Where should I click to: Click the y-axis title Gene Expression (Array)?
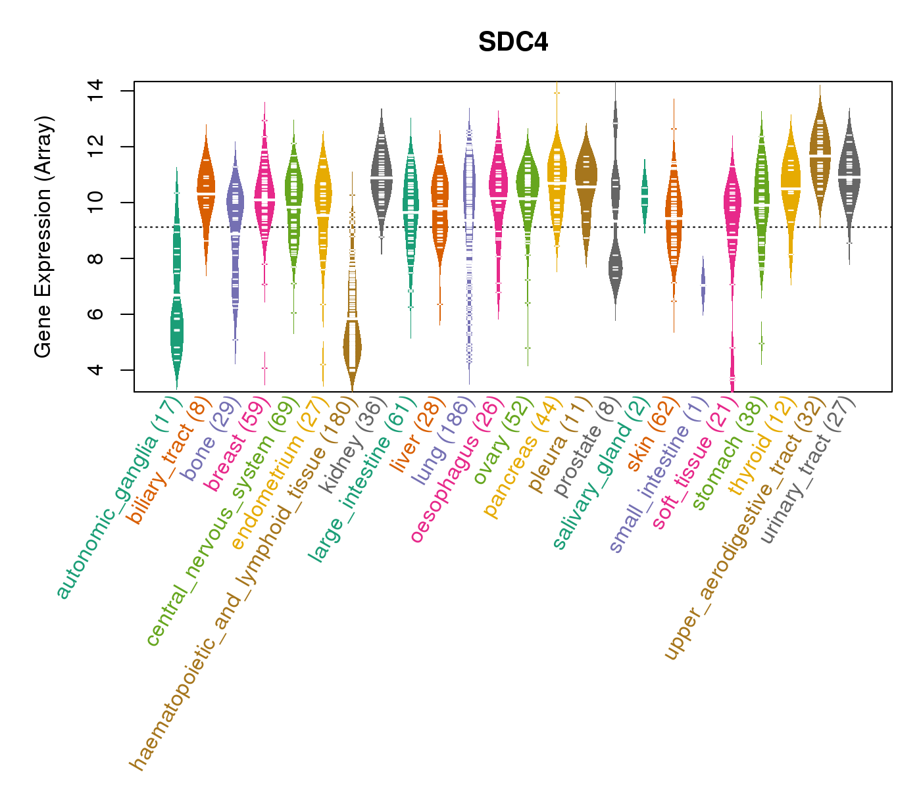43,237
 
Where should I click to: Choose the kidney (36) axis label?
355,445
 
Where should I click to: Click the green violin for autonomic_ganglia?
176,329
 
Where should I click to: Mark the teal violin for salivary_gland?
645,194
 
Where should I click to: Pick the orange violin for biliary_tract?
206,191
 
